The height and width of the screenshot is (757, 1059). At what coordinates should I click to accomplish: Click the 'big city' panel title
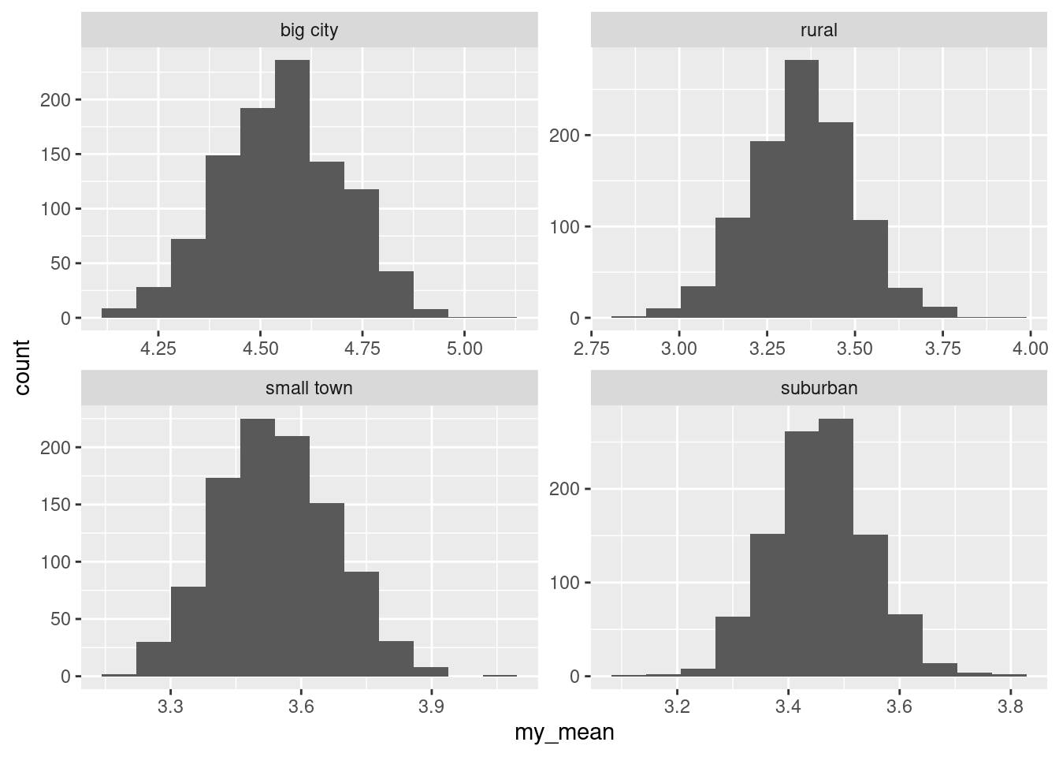click(309, 31)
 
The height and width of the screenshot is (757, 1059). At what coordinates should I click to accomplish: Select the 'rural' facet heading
click(818, 31)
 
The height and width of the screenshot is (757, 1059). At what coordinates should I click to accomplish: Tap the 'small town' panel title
click(309, 388)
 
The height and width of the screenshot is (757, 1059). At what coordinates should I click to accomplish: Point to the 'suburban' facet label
click(818, 388)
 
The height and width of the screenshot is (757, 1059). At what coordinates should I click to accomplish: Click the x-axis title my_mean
click(564, 733)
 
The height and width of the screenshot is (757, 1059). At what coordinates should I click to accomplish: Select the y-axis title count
click(22, 367)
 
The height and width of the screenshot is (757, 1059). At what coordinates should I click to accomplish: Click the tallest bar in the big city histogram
click(292, 189)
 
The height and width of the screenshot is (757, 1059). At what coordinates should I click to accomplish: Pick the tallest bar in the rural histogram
click(801, 189)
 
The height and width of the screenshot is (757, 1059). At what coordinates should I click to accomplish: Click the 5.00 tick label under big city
click(464, 348)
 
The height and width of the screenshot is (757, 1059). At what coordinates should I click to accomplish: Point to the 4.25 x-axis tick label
click(158, 348)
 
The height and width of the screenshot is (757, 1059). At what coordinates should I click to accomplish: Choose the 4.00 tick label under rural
click(1030, 348)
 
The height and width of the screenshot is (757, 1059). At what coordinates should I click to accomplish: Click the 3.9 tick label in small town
click(431, 706)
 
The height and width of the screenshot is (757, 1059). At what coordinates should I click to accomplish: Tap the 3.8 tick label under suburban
click(1010, 706)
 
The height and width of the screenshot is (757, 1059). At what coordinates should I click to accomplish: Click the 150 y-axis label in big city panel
click(56, 155)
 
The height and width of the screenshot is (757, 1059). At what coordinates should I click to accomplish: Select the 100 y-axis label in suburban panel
click(564, 583)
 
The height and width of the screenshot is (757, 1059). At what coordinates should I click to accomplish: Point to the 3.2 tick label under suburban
click(677, 706)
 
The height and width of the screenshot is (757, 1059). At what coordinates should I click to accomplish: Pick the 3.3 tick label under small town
click(171, 706)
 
